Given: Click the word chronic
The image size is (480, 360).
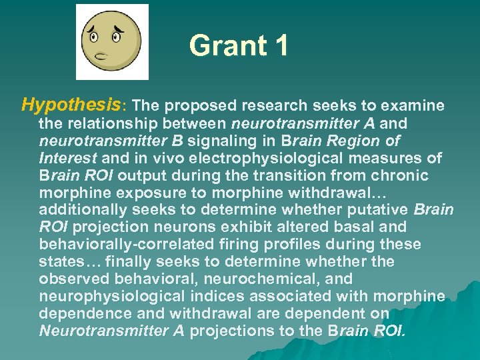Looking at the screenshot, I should [404, 175].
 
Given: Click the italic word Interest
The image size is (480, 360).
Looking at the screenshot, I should [68, 158].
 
